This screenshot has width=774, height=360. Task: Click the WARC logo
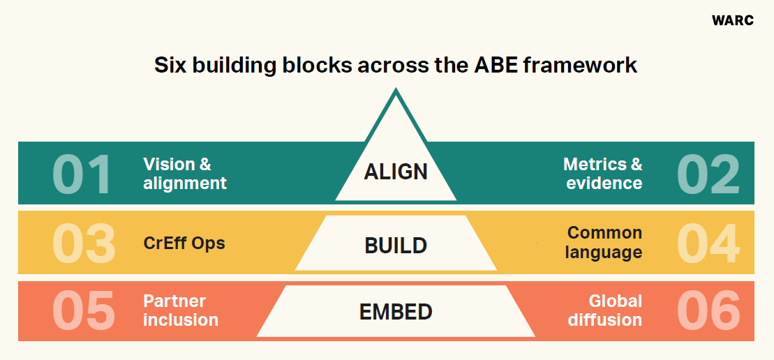coord(732,20)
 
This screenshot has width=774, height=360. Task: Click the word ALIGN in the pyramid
coord(396,171)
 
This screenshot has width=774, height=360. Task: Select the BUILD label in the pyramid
coord(396,246)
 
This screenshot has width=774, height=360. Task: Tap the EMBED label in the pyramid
coord(396,311)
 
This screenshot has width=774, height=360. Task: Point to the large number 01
coord(82,174)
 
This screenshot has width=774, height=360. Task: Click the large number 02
coord(708,174)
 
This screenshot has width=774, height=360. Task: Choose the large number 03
coord(84,243)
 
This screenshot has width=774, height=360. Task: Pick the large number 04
coord(708,243)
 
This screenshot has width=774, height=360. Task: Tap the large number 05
coord(84,310)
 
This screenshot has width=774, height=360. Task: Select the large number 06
coord(708,310)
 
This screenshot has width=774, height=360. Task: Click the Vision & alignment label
coord(185,174)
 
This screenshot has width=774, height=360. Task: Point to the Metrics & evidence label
coord(603,174)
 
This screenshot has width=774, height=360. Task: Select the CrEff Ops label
coord(184,243)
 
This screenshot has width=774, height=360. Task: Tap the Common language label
coord(604,242)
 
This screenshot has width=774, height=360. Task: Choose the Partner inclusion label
coord(181,310)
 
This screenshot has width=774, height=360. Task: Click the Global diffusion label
coord(604,310)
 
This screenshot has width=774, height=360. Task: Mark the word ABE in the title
coord(493,66)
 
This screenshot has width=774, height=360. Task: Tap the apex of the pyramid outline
coord(396,90)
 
